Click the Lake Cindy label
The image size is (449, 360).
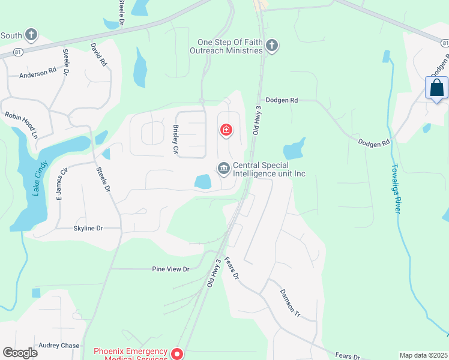(40, 178)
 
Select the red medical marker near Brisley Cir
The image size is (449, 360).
(226, 130)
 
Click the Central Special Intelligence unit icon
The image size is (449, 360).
(224, 169)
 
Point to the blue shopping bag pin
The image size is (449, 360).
(436, 88)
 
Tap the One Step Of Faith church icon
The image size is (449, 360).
(272, 46)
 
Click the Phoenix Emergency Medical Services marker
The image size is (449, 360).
(177, 353)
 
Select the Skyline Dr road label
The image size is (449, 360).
(88, 229)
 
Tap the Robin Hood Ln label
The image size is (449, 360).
(21, 125)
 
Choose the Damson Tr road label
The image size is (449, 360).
(289, 302)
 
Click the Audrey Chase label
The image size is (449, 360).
(59, 346)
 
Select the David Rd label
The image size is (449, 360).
(98, 54)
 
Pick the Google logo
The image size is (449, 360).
(20, 353)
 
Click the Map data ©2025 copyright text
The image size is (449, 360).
(423, 355)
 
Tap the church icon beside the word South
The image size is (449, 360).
(31, 35)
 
